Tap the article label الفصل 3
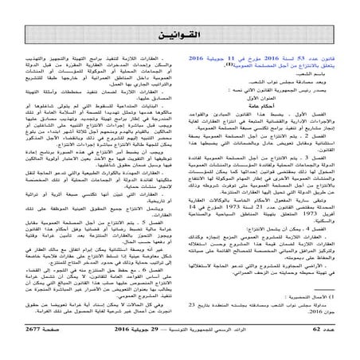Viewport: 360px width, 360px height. (323, 180)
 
